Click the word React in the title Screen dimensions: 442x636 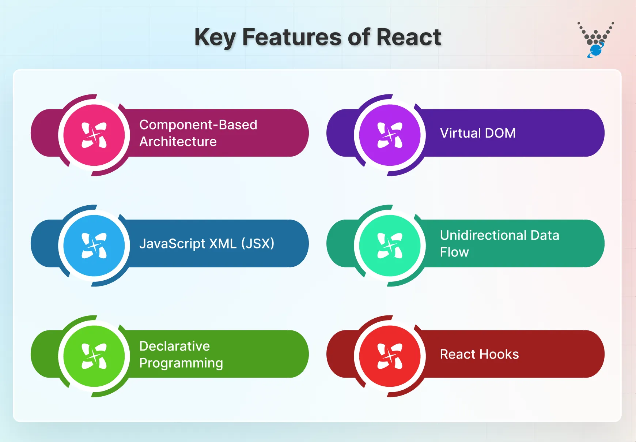tap(408, 37)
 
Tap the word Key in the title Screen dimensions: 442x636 tap(215, 38)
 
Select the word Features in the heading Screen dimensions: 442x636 tap(292, 37)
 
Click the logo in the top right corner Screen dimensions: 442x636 tap(595, 40)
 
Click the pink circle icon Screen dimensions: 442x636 tap(94, 135)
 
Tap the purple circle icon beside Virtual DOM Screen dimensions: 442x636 tap(390, 135)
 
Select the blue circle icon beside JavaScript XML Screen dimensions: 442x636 tap(94, 246)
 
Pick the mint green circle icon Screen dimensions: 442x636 tap(390, 246)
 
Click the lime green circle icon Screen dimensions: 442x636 tap(94, 356)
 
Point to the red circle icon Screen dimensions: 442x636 tap(390, 356)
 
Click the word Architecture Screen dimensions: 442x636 tap(178, 142)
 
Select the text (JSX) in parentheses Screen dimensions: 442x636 tap(258, 243)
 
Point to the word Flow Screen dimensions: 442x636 tap(454, 252)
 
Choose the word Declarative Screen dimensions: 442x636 tap(174, 346)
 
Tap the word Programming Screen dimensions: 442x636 tap(181, 363)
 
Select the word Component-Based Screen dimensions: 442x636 tap(198, 125)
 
